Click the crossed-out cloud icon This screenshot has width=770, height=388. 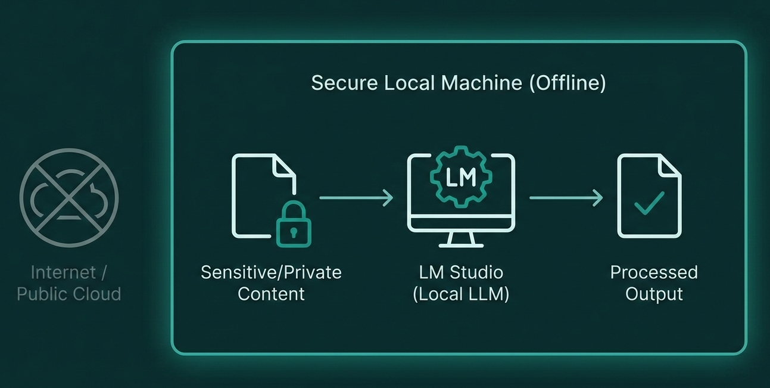[x=68, y=197]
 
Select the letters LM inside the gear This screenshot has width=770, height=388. [x=461, y=177]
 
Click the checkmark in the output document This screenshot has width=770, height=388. [x=649, y=203]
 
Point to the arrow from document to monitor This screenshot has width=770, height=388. [x=356, y=198]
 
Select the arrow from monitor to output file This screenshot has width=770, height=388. [x=566, y=198]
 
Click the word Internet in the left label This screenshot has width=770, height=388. [x=63, y=272]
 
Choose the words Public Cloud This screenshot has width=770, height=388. [x=68, y=294]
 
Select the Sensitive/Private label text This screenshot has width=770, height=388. [x=271, y=272]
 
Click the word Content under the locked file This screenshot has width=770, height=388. [x=271, y=294]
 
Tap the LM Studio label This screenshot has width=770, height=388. [x=461, y=272]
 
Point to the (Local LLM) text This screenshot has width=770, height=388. [x=461, y=294]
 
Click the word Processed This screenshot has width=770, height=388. [x=654, y=272]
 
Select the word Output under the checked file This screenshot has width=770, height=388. [x=654, y=294]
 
